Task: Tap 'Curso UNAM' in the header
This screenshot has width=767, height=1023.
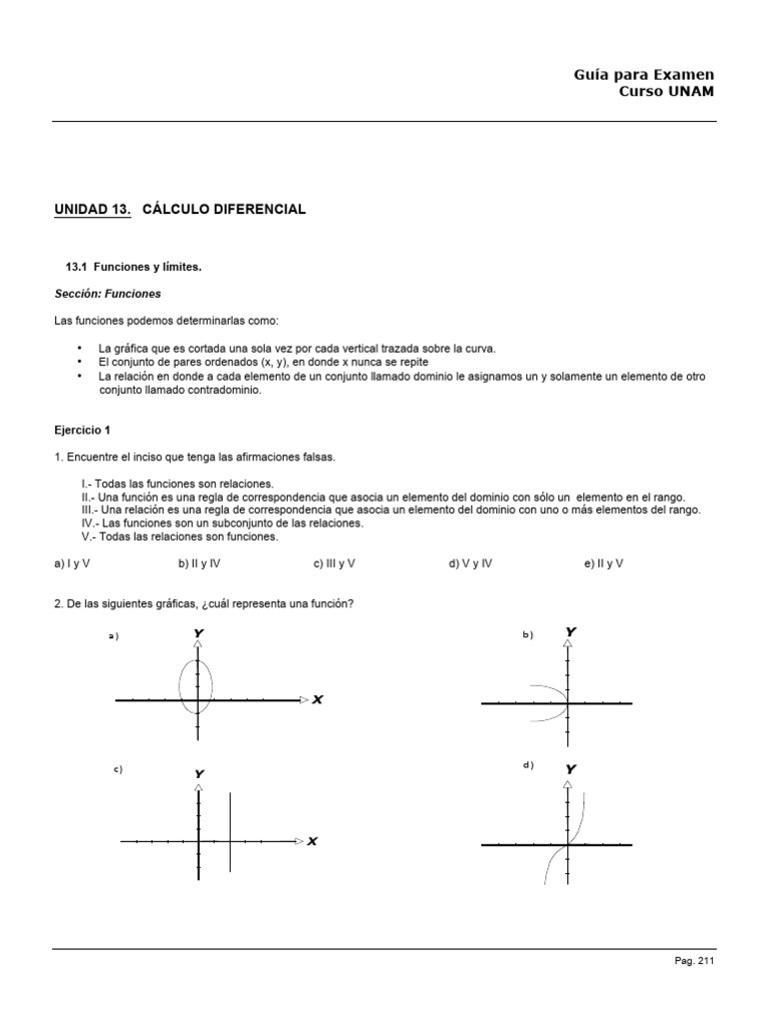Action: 667,93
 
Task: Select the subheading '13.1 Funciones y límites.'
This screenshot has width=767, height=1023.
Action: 133,267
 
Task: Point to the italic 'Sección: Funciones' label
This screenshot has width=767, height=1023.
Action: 107,294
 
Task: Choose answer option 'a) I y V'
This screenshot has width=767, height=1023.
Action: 72,563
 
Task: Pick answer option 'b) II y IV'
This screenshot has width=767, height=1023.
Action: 200,563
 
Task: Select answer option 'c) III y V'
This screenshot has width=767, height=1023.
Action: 334,563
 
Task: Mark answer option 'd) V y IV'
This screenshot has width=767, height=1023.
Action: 470,563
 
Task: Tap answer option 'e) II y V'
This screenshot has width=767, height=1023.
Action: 603,563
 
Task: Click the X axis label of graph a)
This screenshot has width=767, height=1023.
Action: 318,700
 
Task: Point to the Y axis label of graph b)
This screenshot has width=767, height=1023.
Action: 571,631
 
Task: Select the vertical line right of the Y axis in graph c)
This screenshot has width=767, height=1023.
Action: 231,832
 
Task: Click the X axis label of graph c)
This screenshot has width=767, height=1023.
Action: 313,841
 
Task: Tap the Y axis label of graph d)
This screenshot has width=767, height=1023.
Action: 571,769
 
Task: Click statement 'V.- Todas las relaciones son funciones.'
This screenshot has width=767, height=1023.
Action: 180,536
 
